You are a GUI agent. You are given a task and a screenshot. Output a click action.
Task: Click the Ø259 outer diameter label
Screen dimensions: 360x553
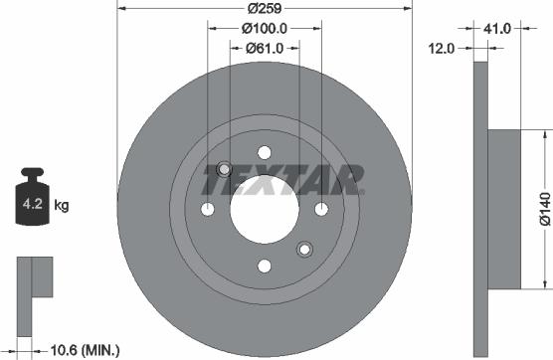264,8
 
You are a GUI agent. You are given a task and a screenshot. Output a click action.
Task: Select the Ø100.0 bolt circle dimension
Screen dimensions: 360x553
264,29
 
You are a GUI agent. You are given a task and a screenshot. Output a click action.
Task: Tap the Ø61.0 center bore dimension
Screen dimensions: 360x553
264,48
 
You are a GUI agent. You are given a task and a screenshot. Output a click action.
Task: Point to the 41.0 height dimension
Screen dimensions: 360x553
497,29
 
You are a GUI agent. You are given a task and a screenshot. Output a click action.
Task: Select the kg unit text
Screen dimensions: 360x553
61,206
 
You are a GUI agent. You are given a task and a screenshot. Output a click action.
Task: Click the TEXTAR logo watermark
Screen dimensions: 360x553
282,180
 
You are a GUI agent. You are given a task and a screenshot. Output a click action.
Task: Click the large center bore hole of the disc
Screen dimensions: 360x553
265,210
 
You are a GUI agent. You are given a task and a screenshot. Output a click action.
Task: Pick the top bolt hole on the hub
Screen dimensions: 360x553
265,151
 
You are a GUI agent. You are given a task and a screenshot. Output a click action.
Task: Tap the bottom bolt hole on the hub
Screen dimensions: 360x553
265,267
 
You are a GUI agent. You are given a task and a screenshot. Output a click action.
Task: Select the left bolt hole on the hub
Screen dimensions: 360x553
207,209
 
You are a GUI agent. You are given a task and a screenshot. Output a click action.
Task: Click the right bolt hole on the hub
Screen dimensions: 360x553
322,209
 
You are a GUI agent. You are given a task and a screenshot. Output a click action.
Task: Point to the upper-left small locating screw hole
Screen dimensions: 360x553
224,168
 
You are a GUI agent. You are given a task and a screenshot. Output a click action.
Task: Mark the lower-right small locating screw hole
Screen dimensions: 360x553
305,250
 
